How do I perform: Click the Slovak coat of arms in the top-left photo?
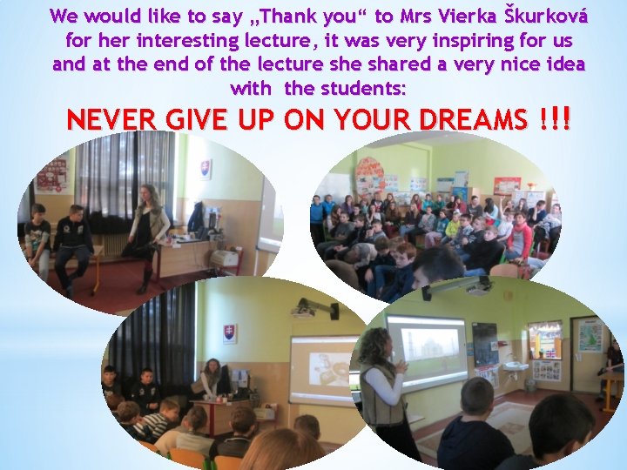[206, 168]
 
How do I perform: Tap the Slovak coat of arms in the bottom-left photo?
[229, 333]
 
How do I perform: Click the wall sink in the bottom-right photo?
[516, 366]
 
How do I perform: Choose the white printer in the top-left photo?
[225, 258]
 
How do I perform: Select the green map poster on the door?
[590, 335]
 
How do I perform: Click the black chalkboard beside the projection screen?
[484, 344]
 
